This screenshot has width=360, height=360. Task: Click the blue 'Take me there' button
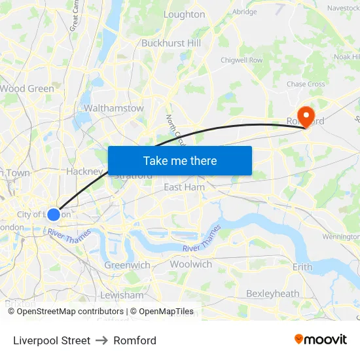coord(180,160)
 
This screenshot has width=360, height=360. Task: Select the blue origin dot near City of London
coord(54,214)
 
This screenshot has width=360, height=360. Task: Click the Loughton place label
coord(184,14)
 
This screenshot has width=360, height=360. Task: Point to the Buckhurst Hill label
coord(171,43)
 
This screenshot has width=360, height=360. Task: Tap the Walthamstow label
coord(114,108)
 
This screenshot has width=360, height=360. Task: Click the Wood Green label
coord(27,88)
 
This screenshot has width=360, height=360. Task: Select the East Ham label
coord(184,187)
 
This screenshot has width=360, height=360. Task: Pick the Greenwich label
coord(127,265)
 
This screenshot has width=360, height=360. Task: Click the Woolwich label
coord(190,264)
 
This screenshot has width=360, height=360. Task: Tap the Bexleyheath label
coord(272,294)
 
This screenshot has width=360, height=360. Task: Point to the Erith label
coord(302,267)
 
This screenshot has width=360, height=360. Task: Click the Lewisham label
coord(122,295)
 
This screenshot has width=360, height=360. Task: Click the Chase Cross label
coord(306,84)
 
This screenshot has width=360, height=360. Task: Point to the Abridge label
coord(244,12)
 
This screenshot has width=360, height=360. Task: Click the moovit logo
coord(321,340)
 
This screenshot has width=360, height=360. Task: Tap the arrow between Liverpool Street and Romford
coord(102,340)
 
